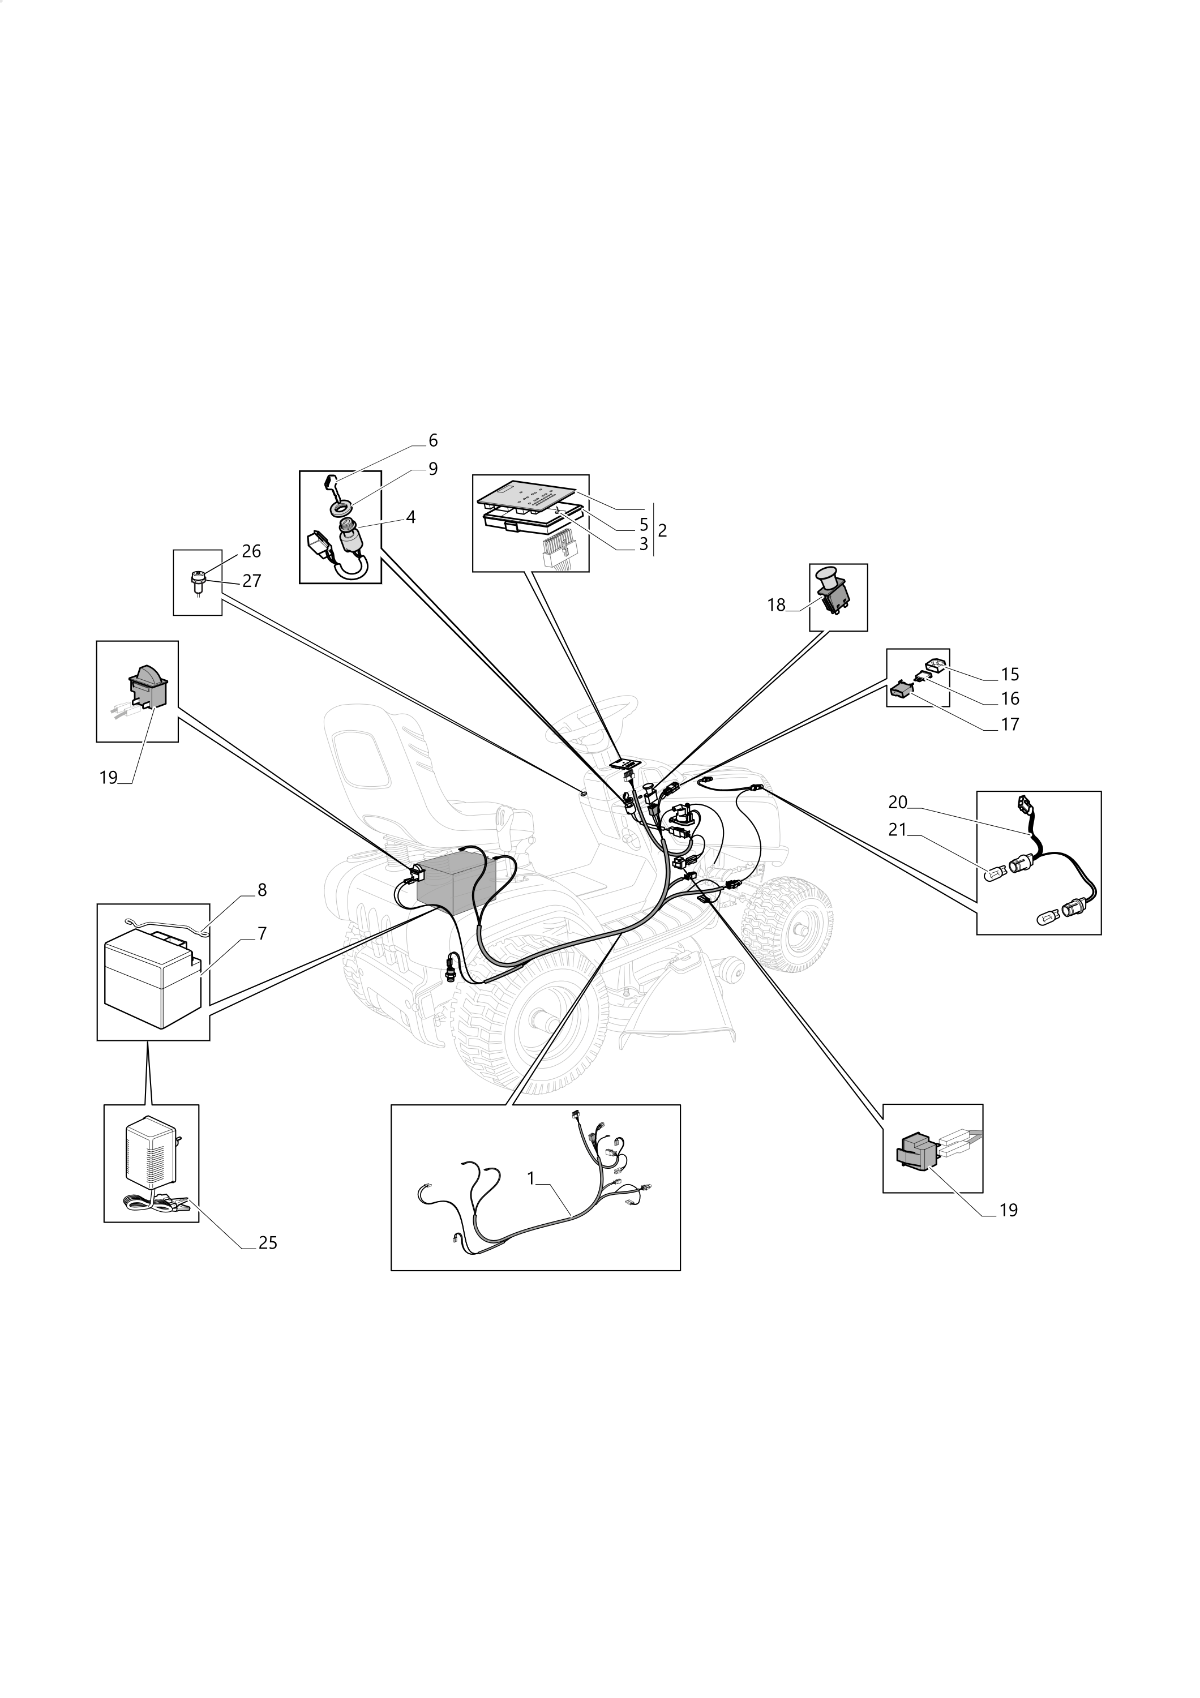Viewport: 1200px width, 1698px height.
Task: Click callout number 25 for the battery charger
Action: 268,1243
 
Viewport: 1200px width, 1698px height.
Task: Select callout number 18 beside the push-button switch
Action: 775,605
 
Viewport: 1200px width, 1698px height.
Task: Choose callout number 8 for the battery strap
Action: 262,890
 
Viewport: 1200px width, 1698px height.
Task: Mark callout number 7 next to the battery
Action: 262,933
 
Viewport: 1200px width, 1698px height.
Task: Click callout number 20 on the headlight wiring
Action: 898,803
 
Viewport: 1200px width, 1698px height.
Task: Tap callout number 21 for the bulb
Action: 898,830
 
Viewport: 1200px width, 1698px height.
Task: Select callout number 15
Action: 1009,675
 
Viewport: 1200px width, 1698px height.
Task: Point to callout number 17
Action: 1009,724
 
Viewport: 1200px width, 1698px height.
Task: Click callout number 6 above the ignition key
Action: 432,441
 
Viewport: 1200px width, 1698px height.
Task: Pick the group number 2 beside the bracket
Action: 662,530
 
